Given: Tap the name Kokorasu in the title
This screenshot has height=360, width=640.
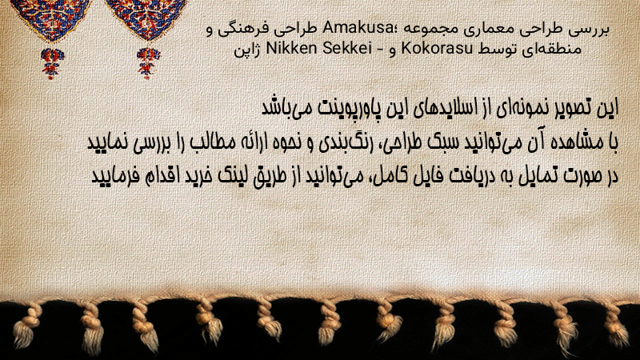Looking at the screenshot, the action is coord(437,49).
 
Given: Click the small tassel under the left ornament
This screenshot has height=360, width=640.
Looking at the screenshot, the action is coord(52,63).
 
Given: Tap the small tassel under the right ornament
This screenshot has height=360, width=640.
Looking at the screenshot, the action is coord(148,63).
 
